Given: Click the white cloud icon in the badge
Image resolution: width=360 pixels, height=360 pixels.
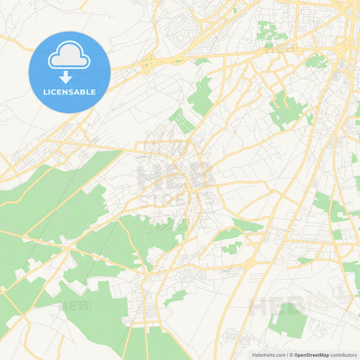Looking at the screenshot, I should coord(70,59).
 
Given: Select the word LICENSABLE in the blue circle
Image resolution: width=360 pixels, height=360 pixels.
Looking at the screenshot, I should coord(70,92).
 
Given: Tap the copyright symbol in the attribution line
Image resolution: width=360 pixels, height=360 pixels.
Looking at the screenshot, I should coord(291,355).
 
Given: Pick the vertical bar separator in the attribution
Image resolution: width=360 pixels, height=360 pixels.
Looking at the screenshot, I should coord(286,355).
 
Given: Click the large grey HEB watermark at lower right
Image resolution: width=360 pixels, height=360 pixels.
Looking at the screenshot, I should coord(277,307).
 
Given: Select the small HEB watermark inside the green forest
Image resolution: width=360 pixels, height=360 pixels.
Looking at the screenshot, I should coord(76,305).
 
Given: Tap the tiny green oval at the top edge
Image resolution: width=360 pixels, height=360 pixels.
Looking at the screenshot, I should coord(235,10).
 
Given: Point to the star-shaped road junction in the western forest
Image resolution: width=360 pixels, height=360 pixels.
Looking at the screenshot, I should coord(68,250).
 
